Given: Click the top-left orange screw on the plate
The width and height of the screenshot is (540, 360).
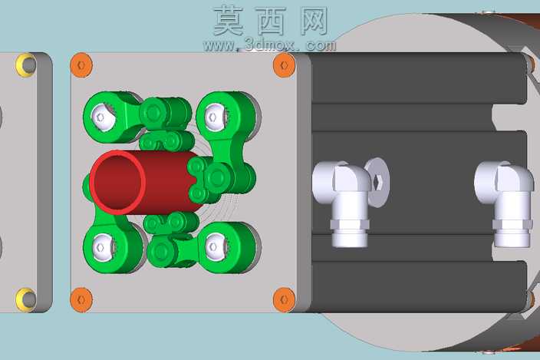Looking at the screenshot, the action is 81,64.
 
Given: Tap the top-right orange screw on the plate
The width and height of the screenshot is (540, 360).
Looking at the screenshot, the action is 284,64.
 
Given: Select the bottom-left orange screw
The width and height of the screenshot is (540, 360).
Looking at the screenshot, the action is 81,300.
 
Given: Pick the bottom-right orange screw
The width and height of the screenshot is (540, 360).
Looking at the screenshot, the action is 284,299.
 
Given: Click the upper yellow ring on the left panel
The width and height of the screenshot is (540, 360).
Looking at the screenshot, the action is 26,64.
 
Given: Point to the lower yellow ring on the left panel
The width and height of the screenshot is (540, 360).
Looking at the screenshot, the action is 26,299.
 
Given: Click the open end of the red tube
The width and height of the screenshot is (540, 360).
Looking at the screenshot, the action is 117,182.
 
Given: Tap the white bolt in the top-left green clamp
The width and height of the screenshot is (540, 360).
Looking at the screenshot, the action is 103,117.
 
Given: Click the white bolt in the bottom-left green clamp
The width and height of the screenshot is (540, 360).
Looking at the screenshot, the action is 103,247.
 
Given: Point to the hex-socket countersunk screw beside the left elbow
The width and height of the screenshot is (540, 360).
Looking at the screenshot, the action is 377,182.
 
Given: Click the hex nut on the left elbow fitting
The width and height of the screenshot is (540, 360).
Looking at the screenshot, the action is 350,224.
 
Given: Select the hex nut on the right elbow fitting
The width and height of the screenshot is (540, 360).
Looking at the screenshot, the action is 512,224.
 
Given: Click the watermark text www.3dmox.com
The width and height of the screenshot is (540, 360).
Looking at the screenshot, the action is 270,45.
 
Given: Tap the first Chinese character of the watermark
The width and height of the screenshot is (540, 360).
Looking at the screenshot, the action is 229,21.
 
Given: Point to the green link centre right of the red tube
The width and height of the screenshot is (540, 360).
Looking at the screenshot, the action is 216,178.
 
